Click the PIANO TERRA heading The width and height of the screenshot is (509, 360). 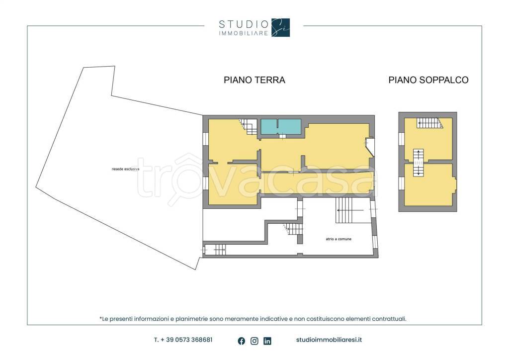point(254,80)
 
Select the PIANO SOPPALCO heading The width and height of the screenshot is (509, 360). point(428,80)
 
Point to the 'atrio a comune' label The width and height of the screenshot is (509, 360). point(339,239)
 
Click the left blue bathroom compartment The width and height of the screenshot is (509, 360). point(269,126)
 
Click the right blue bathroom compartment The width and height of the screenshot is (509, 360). point(290,126)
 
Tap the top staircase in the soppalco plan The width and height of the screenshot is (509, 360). point(429,123)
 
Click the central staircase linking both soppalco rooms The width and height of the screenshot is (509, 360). point(419,163)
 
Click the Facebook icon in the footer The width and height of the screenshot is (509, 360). point(242,341)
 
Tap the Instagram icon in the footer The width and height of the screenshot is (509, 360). point(254,341)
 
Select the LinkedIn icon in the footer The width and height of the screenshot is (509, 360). point(267,341)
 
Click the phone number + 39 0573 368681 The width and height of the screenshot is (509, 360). point(183,340)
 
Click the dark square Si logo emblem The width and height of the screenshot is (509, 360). point(281,27)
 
